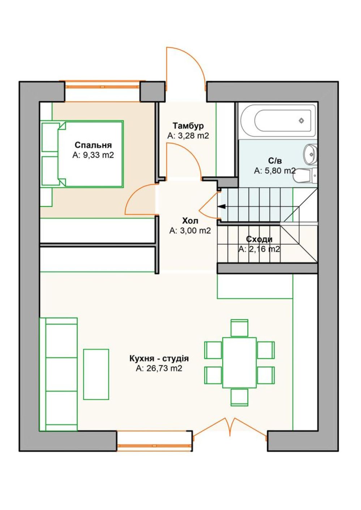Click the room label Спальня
(x=93, y=145)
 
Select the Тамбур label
(x=188, y=126)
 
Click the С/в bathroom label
(x=275, y=161)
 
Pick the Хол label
(x=190, y=221)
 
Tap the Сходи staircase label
(x=259, y=239)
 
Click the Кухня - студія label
(x=159, y=359)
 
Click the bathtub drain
(x=301, y=121)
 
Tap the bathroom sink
(x=310, y=154)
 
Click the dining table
(x=239, y=363)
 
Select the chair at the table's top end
(x=239, y=328)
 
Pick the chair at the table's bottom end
(x=239, y=397)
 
